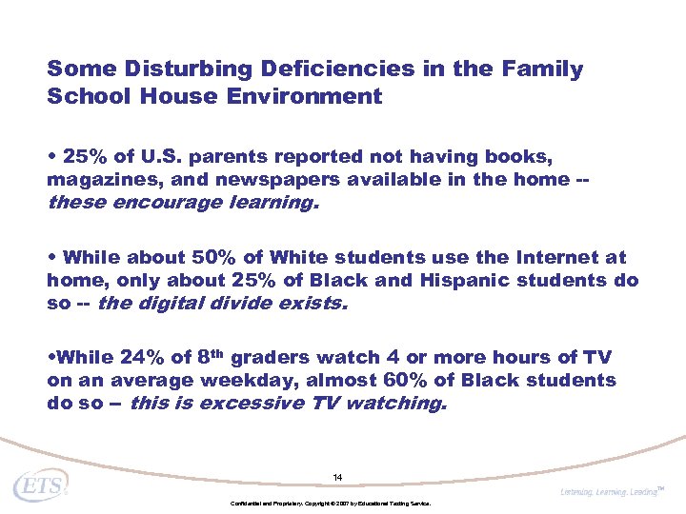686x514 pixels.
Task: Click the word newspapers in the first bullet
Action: [x=258, y=180]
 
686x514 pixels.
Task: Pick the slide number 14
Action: [x=337, y=477]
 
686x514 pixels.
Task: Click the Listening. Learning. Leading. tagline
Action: [x=610, y=490]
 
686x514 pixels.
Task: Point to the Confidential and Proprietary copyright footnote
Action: [x=331, y=503]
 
